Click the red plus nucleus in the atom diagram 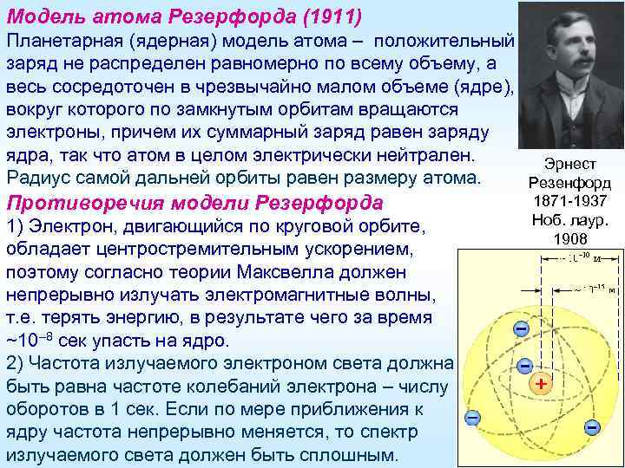(x=541, y=382)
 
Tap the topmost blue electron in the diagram (x=520, y=329)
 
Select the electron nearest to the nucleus (x=523, y=367)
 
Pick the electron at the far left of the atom (x=471, y=418)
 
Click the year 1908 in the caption (x=570, y=239)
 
